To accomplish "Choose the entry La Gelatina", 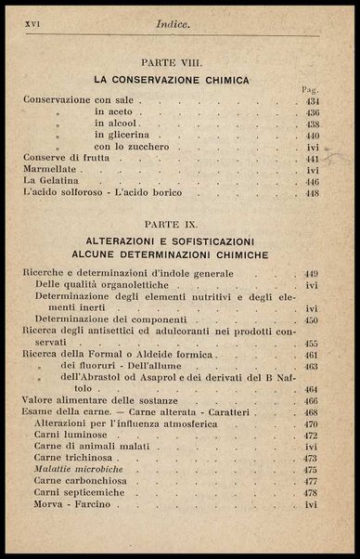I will pos(47,183).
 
